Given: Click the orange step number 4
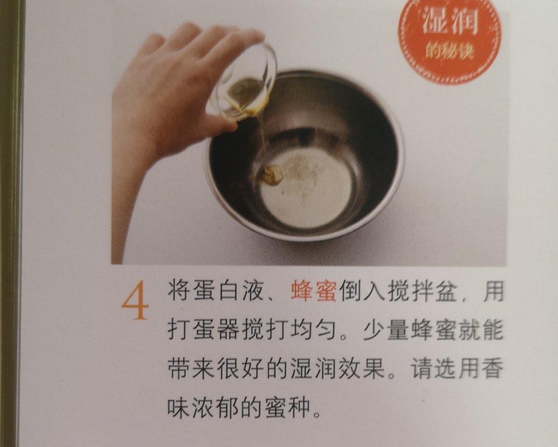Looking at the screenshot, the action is (135, 300).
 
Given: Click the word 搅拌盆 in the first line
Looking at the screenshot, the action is (422, 291).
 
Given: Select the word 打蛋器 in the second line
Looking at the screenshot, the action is (203, 330).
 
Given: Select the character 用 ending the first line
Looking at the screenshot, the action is (492, 291).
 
